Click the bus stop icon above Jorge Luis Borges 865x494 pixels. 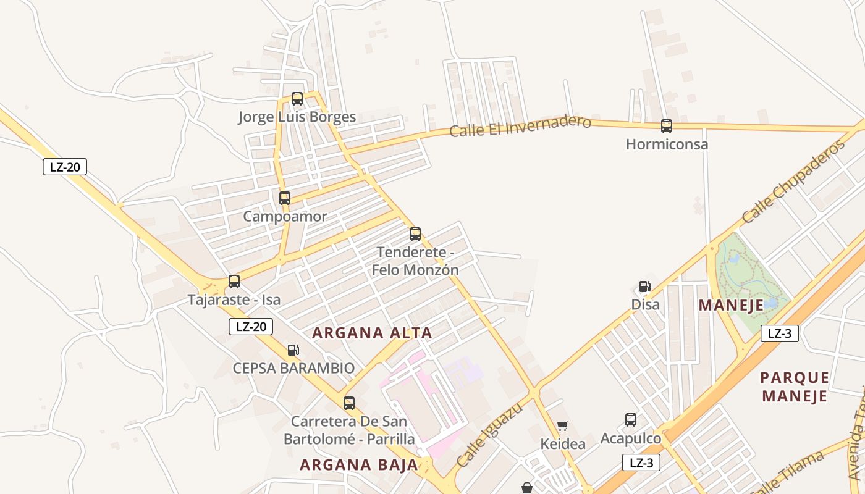pos(297,98)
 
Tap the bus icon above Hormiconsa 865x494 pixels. pos(667,126)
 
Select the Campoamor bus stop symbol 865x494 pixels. pos(285,198)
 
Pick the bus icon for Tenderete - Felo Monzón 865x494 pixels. pos(415,234)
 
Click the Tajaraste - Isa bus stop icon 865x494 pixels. pos(234,282)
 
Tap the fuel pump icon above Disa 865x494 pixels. pos(644,287)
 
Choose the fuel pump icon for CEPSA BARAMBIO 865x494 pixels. pos(293,350)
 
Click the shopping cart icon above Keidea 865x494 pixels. pos(562,425)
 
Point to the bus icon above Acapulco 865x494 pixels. pos(631,420)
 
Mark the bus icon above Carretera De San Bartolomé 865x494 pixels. pos(349,403)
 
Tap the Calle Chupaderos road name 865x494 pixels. pos(793,182)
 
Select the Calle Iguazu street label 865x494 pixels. pos(489,435)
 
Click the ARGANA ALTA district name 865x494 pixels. pos(372,333)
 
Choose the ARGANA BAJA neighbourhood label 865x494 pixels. pos(359,465)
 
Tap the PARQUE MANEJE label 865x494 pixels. pos(795,387)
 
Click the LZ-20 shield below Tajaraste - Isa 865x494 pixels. pos(251,327)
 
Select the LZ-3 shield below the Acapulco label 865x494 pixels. pos(641,463)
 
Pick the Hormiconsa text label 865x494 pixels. pos(667,144)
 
